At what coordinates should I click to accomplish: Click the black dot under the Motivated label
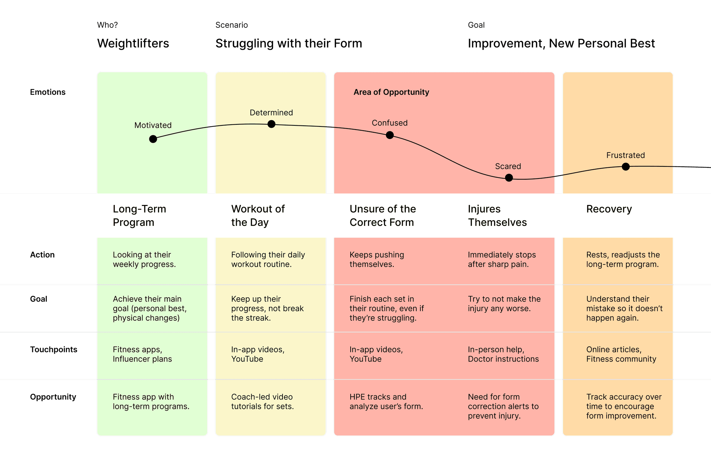click(153, 139)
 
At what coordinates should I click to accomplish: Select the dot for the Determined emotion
click(271, 124)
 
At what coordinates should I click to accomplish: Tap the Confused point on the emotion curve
click(390, 135)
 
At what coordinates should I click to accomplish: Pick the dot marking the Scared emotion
click(509, 178)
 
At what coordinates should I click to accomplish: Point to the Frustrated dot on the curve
click(626, 167)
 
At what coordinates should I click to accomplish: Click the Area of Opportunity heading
click(391, 92)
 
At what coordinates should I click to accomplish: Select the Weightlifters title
click(133, 43)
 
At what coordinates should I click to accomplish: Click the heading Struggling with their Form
click(288, 43)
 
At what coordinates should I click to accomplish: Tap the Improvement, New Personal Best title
click(561, 43)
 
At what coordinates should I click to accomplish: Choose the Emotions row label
click(48, 92)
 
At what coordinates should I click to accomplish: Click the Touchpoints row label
click(53, 349)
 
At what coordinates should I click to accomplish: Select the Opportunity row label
click(53, 397)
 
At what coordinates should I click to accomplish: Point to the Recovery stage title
click(609, 209)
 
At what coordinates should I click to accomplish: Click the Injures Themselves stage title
click(497, 215)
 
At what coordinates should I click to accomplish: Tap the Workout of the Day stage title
click(258, 215)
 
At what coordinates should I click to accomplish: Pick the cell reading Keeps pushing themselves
click(377, 259)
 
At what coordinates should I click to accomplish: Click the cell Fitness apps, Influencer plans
click(142, 354)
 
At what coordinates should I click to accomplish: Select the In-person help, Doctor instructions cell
click(503, 354)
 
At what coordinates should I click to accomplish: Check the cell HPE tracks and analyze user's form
click(386, 402)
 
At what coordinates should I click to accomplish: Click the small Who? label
click(107, 25)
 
